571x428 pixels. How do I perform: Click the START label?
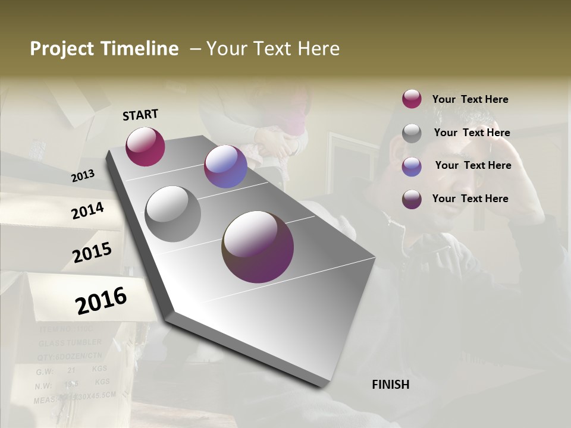click(x=140, y=115)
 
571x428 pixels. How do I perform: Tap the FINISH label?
click(x=390, y=385)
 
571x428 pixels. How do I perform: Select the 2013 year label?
click(x=83, y=175)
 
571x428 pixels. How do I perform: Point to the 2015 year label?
click(x=92, y=253)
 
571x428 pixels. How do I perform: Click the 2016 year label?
click(x=101, y=300)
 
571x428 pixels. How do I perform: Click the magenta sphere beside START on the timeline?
click(x=145, y=146)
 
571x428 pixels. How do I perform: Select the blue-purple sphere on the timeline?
click(x=225, y=166)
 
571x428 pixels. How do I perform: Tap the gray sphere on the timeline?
click(x=172, y=214)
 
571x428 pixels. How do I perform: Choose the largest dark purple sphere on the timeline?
click(x=258, y=246)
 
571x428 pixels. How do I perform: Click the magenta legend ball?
click(x=412, y=99)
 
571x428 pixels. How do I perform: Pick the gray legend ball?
click(x=412, y=133)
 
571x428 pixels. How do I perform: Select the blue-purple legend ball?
click(x=412, y=166)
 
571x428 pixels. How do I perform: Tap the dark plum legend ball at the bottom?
click(x=412, y=199)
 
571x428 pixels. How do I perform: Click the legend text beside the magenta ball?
click(x=470, y=99)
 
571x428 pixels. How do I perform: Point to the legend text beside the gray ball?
click(x=472, y=133)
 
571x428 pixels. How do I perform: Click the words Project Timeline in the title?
click(x=104, y=49)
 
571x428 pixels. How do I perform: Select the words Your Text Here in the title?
click(x=272, y=49)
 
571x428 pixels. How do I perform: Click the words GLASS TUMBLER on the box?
click(x=70, y=342)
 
